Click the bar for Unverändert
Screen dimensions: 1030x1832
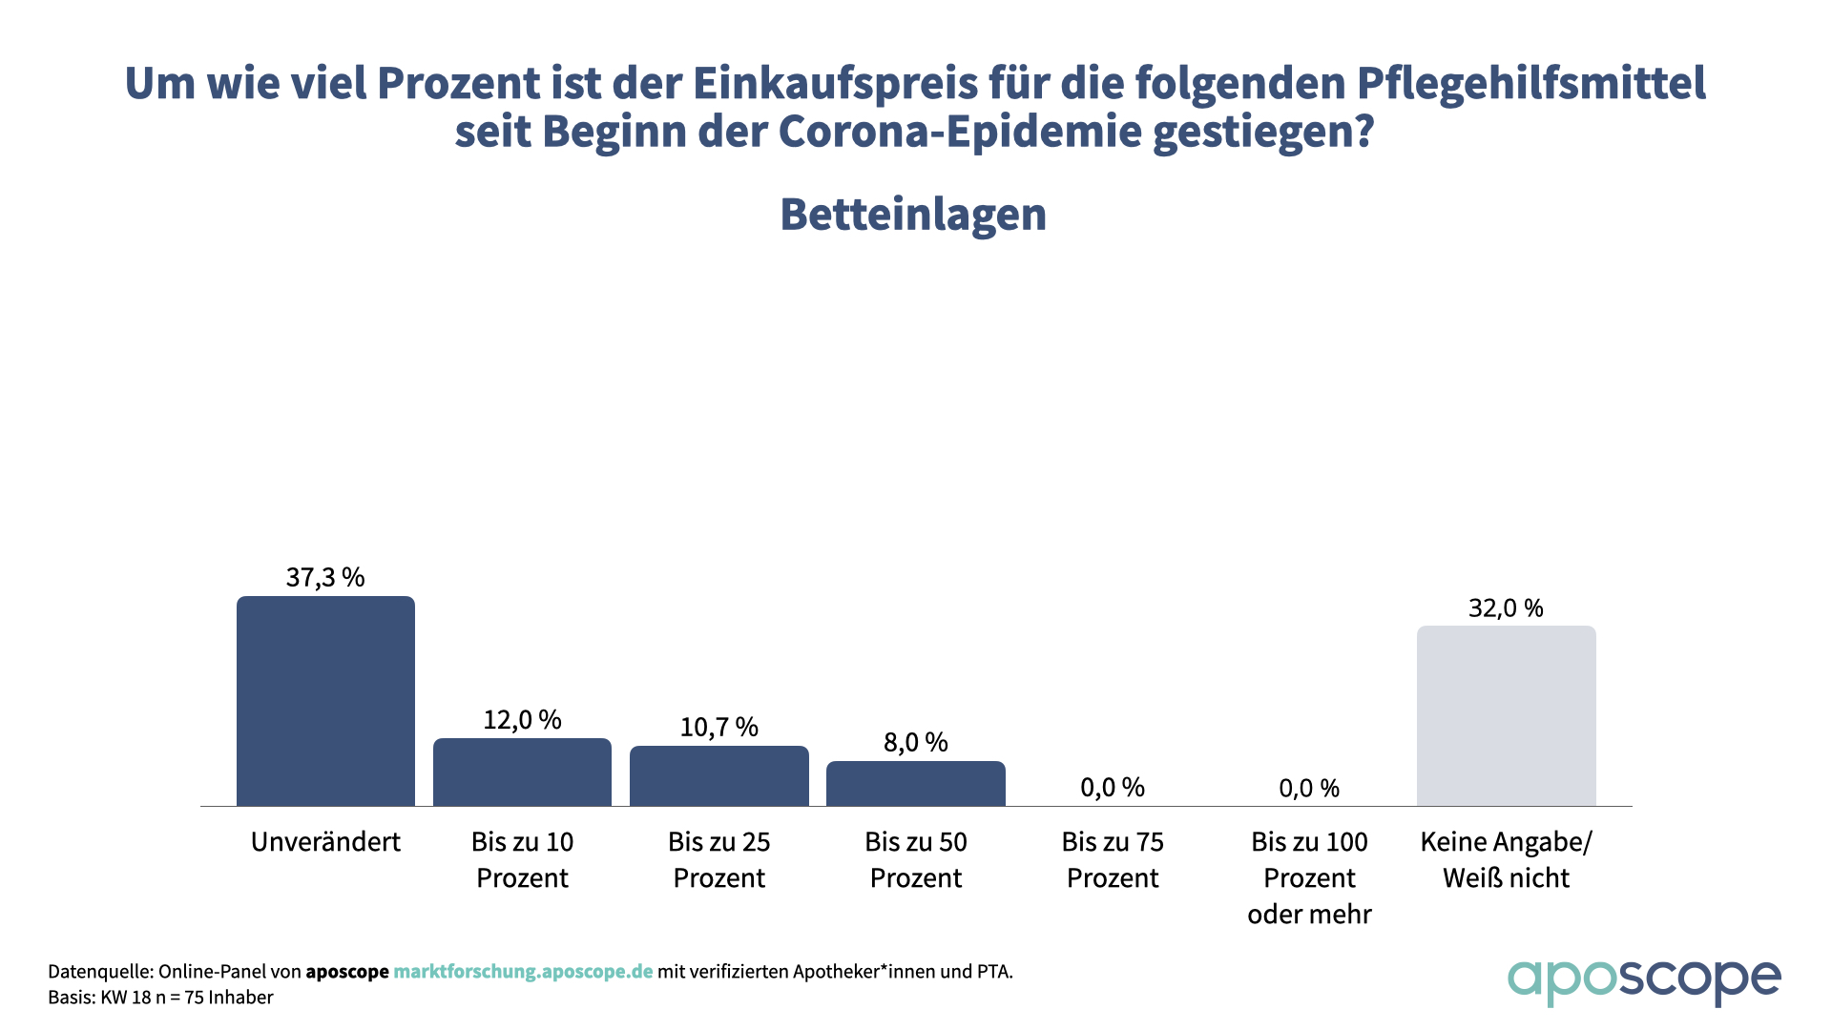coord(325,701)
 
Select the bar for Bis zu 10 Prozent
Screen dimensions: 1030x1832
coord(522,772)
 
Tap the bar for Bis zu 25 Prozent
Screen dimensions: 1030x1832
coord(718,775)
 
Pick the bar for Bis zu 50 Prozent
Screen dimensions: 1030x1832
coord(915,783)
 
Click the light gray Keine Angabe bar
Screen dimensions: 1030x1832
coord(1506,715)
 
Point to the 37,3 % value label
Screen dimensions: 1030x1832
coord(325,577)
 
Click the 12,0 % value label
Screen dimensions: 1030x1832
coord(522,719)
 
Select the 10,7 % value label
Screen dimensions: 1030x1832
coord(718,727)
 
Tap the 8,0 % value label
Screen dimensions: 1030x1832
coord(915,742)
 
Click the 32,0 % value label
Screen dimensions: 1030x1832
coord(1506,608)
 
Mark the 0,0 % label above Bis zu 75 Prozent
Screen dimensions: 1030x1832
coord(1113,787)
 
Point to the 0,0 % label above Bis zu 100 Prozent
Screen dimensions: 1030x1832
coord(1309,788)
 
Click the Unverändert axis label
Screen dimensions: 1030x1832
coord(325,842)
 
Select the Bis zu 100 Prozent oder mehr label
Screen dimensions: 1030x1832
coord(1309,877)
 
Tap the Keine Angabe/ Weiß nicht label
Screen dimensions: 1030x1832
coord(1506,859)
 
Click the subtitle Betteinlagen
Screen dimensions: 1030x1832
coord(913,215)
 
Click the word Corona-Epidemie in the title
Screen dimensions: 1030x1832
coord(960,132)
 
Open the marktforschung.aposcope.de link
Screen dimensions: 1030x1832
coord(523,972)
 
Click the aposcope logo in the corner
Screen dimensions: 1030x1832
coord(1643,980)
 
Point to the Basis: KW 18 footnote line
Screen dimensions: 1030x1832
coord(160,998)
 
